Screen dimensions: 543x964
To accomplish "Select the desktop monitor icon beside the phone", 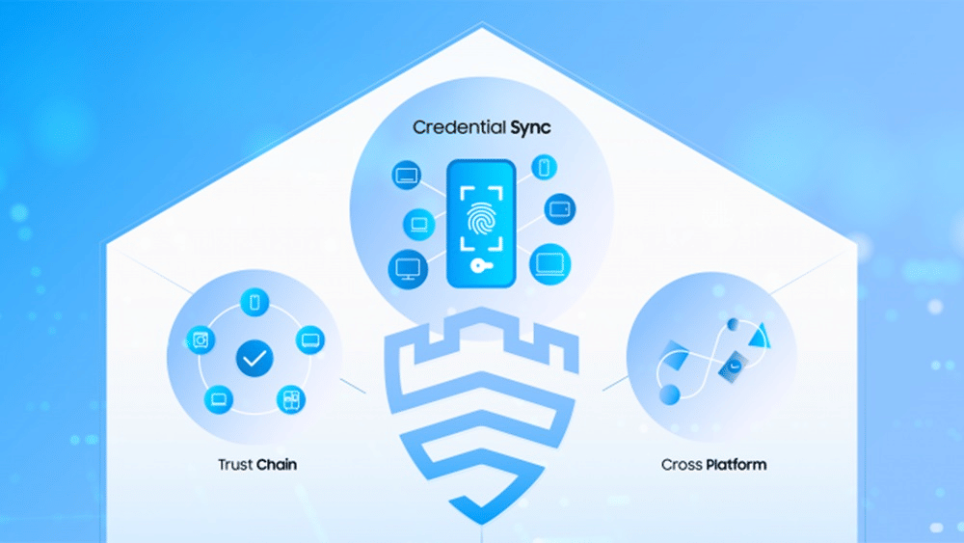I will click(406, 266).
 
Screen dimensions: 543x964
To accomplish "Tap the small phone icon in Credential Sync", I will click(544, 167).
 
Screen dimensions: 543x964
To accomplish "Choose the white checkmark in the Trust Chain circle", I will click(254, 360).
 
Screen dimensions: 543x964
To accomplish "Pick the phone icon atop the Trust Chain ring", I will click(254, 302).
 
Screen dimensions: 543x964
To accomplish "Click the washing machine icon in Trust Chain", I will click(201, 339).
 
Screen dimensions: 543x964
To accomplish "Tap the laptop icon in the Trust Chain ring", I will click(219, 398).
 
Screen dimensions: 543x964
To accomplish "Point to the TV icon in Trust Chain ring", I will click(310, 339).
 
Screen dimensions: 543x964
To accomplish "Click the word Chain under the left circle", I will click(277, 465).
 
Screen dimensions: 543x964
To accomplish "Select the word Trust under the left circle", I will click(235, 465).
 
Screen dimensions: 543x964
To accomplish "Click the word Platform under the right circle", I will click(736, 465).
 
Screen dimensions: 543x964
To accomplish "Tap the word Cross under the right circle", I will click(681, 465).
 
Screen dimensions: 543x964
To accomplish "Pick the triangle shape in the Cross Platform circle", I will click(758, 334).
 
